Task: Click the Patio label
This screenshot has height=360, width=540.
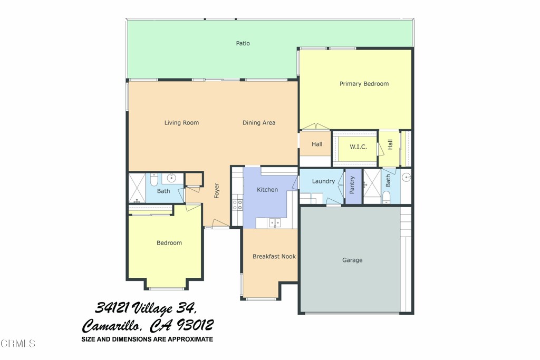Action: click(243, 43)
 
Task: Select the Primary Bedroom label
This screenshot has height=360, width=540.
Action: click(364, 84)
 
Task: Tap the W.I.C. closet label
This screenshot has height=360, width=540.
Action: click(358, 147)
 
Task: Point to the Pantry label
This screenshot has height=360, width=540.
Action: click(352, 186)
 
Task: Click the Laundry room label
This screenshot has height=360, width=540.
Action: click(323, 181)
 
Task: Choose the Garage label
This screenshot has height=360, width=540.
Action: click(352, 260)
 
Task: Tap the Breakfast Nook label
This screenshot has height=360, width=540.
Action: click(274, 257)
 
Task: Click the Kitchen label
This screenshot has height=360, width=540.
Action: click(267, 190)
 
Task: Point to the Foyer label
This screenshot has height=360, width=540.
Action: click(216, 190)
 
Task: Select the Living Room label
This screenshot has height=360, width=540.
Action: click(181, 123)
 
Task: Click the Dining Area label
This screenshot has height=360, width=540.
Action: click(259, 123)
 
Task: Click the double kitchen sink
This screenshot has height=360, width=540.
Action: click(275, 223)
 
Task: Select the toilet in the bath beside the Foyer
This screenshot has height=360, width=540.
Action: click(153, 180)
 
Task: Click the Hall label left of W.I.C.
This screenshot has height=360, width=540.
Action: click(317, 144)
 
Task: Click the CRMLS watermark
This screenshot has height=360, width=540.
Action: click(18, 344)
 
